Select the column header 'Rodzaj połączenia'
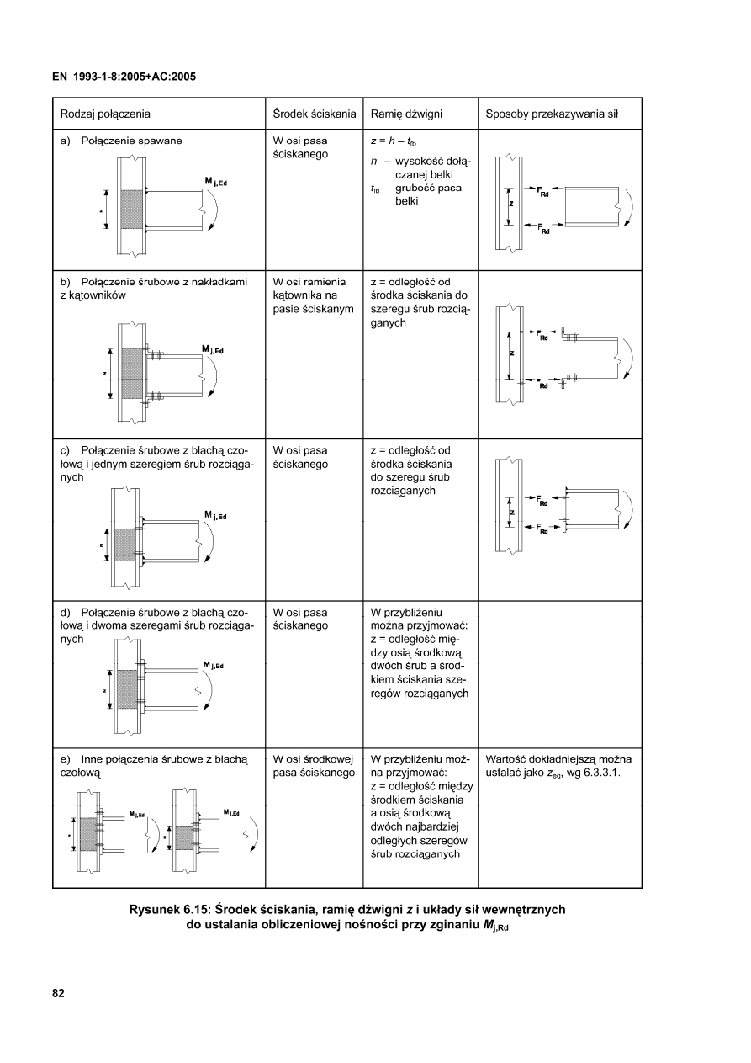tap(105, 114)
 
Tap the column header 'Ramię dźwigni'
tap(406, 114)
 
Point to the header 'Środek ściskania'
tap(314, 114)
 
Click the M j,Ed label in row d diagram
tap(214, 665)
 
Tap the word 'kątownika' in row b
tap(298, 295)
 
